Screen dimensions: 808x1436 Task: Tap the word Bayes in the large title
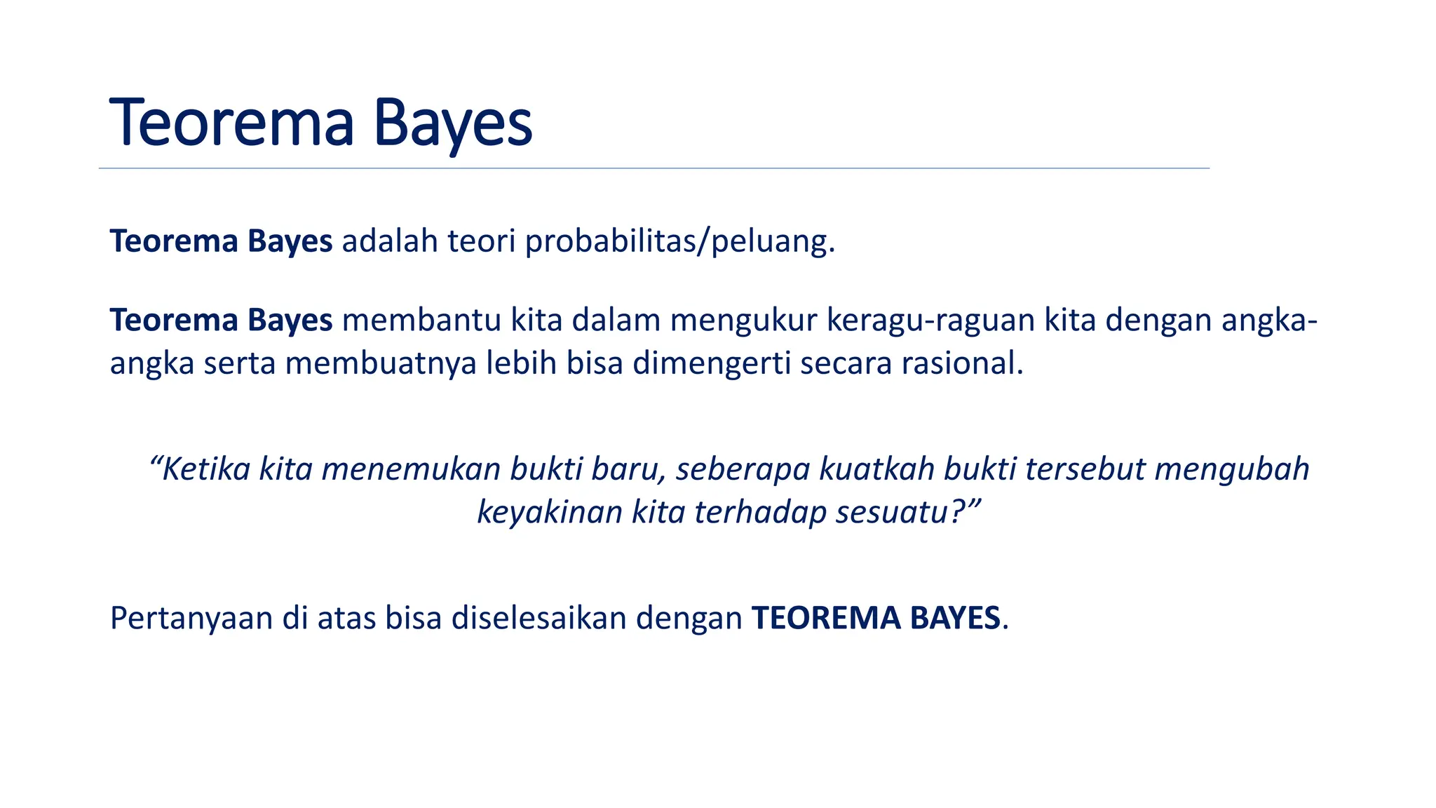453,125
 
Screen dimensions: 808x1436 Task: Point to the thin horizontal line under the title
653,168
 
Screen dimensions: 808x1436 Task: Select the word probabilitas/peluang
680,242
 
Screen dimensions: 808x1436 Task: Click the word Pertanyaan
191,619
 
